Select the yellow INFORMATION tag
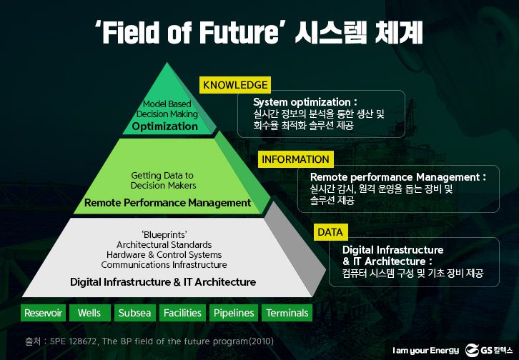295,159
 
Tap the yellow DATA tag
330,232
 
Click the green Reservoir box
44,313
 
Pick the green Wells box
89,313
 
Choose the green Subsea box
135,313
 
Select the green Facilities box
182,313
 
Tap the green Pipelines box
234,313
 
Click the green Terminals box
287,313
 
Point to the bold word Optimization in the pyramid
164,126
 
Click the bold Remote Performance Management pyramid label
167,203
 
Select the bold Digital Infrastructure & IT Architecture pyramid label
163,282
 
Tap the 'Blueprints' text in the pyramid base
164,234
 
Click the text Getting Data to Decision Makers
162,180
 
